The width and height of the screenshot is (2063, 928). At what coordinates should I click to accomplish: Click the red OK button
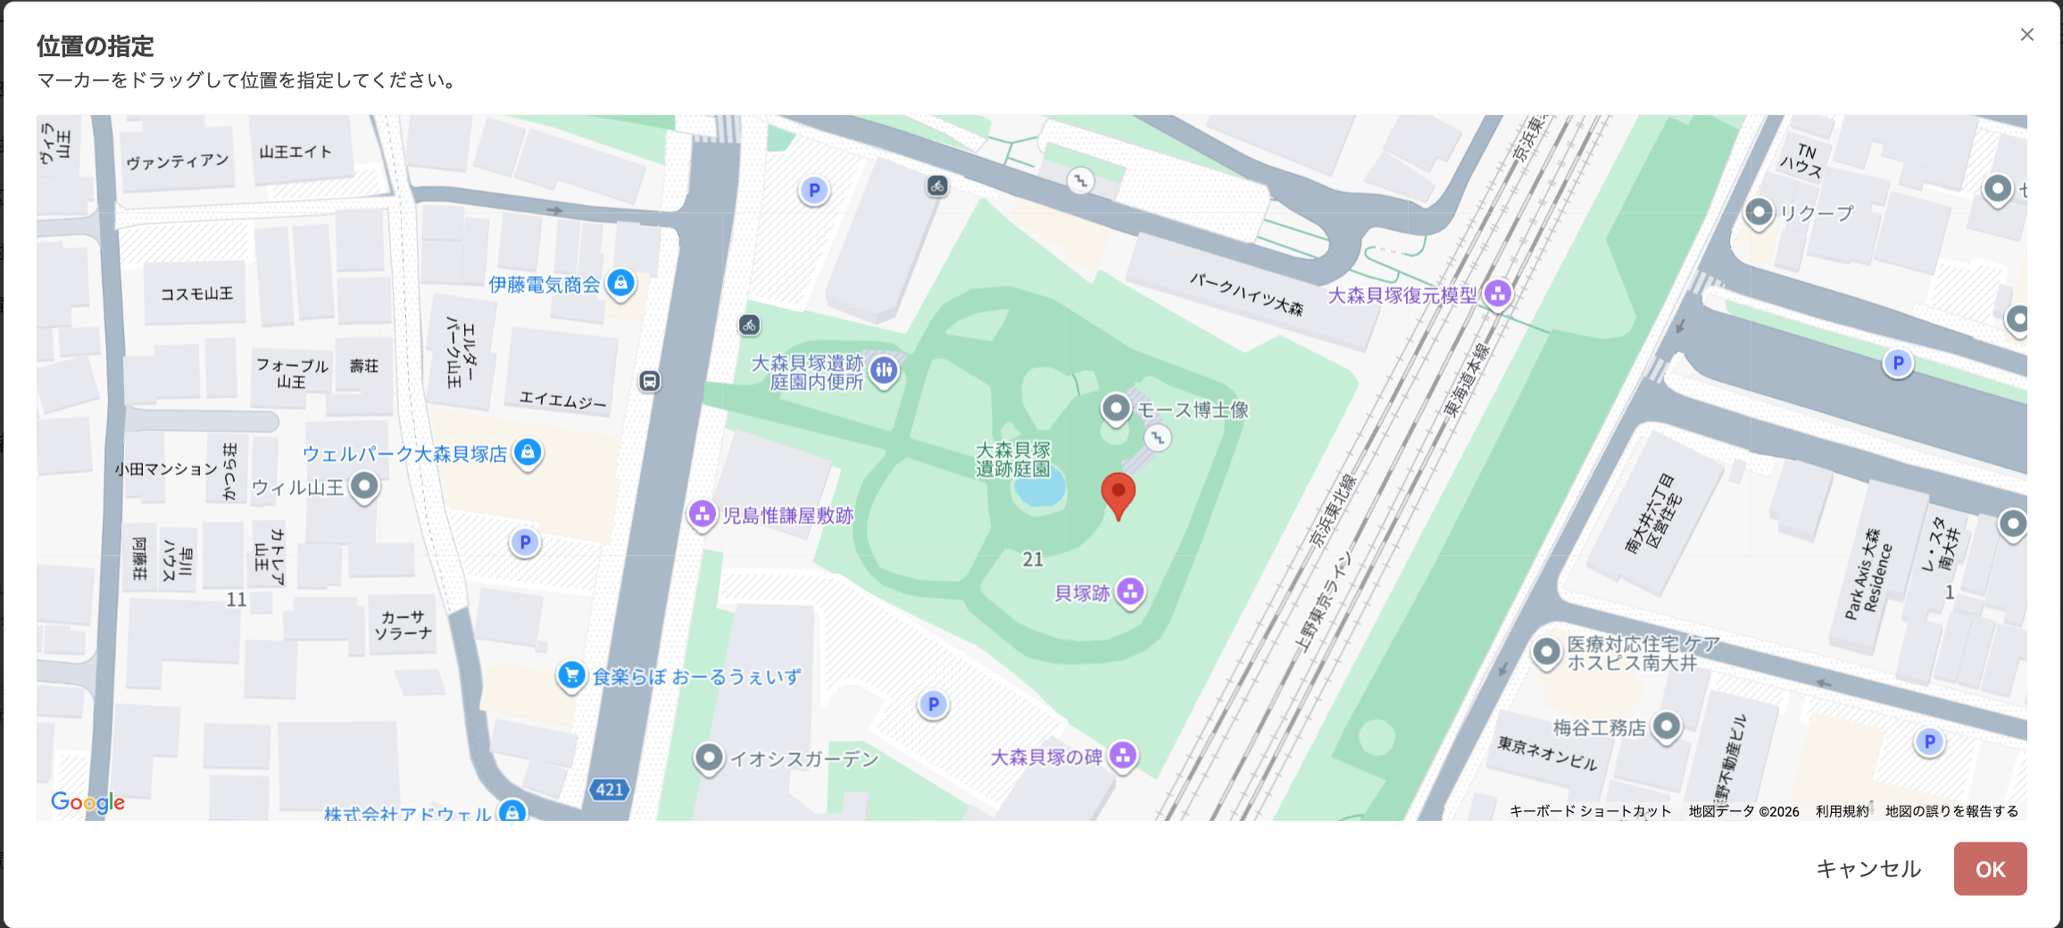tap(1989, 868)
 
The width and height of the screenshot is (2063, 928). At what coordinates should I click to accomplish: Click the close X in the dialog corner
tap(2026, 35)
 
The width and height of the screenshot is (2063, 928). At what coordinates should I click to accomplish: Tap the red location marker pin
tap(1118, 493)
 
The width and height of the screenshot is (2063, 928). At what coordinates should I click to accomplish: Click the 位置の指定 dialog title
tap(95, 46)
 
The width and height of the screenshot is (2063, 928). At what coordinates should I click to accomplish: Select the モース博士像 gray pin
tap(1115, 409)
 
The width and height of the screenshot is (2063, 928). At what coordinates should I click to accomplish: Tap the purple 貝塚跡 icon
tap(1130, 591)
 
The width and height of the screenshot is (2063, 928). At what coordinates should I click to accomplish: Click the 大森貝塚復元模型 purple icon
tap(1497, 293)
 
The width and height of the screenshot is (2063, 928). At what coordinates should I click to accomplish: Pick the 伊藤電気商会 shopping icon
tap(620, 283)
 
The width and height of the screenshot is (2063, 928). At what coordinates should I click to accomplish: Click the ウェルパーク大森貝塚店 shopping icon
tap(528, 452)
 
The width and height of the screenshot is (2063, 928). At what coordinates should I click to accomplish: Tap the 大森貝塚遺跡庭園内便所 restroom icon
tap(884, 370)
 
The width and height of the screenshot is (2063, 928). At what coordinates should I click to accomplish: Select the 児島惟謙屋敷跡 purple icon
tap(702, 513)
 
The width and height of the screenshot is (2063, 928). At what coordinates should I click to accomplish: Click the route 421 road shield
tap(610, 789)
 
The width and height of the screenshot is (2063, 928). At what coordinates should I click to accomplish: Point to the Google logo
tap(87, 801)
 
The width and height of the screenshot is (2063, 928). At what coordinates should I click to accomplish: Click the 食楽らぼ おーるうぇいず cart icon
tap(571, 675)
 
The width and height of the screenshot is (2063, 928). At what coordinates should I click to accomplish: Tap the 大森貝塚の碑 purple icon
tap(1123, 755)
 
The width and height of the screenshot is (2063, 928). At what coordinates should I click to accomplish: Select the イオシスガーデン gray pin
tap(709, 758)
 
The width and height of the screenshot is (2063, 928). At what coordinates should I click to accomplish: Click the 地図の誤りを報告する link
tap(1951, 811)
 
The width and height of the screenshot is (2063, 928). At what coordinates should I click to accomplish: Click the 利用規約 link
tap(1842, 811)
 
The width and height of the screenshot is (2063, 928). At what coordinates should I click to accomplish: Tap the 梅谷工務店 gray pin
tap(1666, 725)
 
